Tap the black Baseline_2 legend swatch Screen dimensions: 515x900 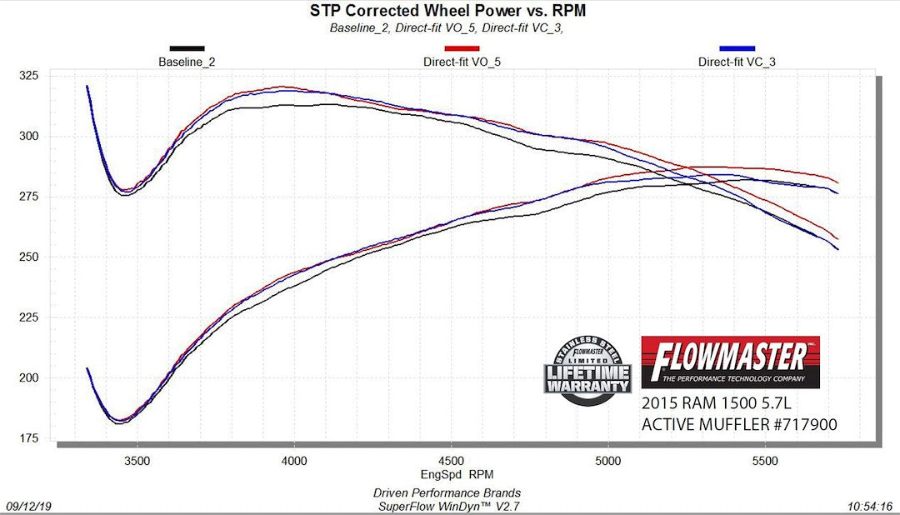(187, 48)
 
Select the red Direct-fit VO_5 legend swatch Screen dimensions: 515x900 (462, 48)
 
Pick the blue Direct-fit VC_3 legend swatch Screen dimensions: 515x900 (737, 48)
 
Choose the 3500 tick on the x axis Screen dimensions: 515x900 (137, 461)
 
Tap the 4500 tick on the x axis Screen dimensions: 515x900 (451, 461)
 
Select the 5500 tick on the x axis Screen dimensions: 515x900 (765, 461)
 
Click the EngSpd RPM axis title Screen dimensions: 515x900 (451, 474)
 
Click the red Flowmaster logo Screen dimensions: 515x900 (730, 362)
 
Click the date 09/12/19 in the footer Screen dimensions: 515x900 (27, 506)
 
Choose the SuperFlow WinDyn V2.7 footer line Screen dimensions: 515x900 (451, 505)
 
